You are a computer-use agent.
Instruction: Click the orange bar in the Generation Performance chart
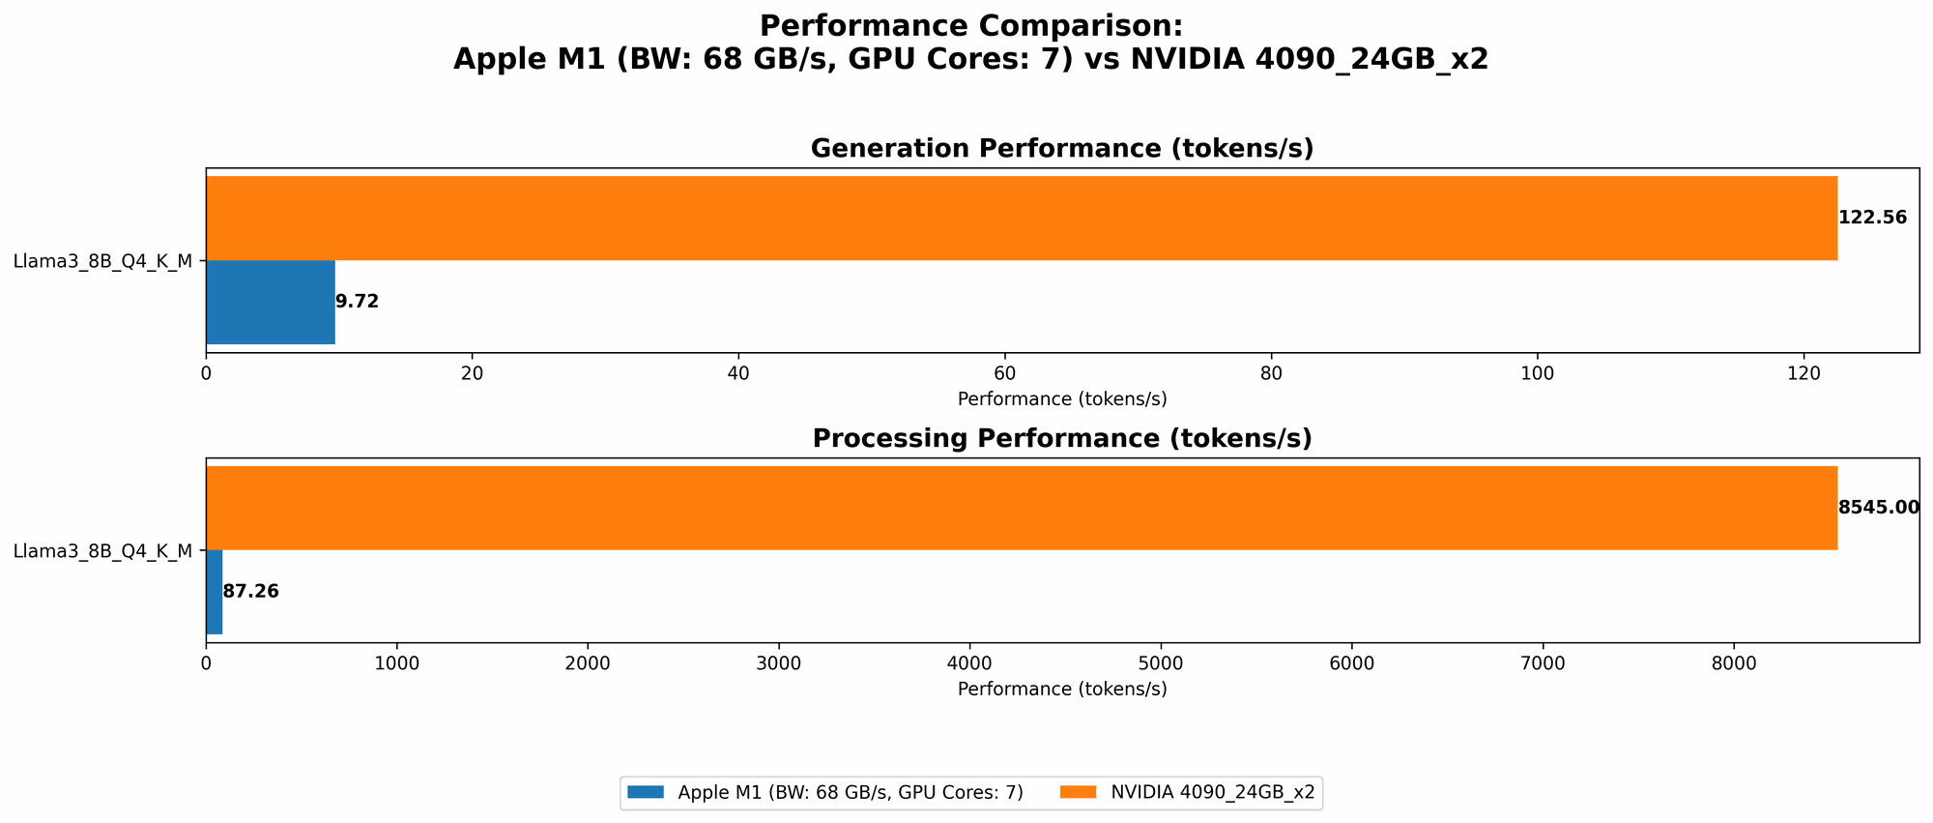click(1021, 218)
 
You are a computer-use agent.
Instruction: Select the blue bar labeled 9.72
click(271, 302)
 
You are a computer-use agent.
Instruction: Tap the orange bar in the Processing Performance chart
click(1021, 508)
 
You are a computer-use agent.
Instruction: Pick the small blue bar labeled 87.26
click(215, 592)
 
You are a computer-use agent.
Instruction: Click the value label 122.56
click(1872, 218)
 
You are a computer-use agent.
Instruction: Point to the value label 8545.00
click(1878, 508)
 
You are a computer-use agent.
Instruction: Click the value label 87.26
click(250, 592)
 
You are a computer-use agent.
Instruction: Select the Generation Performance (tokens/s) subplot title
click(1061, 149)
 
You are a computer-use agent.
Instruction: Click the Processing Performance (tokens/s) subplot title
click(1061, 439)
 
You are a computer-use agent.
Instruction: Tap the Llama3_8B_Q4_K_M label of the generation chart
click(102, 260)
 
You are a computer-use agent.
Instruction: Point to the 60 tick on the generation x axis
click(1004, 373)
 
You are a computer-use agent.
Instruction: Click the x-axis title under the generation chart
click(1061, 398)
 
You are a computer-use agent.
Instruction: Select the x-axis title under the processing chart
click(1061, 690)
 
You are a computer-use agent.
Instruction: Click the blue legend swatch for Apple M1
click(646, 792)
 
